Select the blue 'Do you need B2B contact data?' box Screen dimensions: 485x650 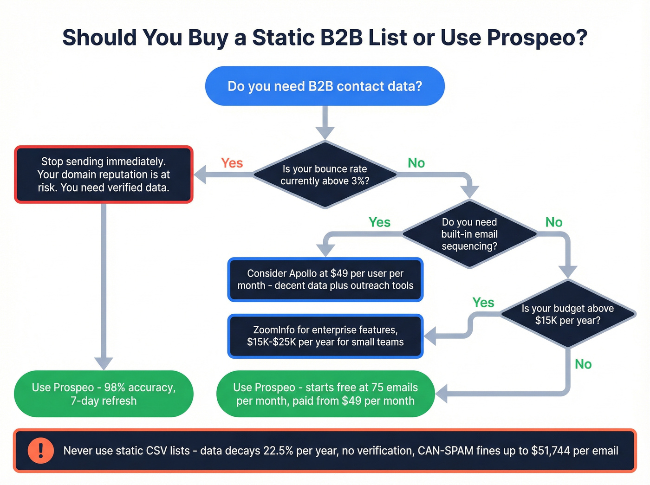(325, 86)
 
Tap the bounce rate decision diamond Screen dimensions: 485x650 (325, 175)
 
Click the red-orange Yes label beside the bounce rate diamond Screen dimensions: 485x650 (232, 163)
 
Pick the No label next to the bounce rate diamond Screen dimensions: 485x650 (416, 163)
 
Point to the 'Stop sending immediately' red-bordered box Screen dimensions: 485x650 (104, 175)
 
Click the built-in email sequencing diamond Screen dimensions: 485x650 (469, 234)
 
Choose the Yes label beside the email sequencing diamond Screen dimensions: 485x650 (379, 222)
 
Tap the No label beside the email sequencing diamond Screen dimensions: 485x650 (553, 222)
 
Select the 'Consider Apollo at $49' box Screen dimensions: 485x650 (325, 279)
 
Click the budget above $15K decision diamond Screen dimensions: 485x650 (567, 314)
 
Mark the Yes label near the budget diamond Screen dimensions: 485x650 (483, 303)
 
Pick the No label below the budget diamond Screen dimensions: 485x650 (583, 364)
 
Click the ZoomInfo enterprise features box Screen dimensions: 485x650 (325, 336)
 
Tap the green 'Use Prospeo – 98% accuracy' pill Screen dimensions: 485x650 (104, 394)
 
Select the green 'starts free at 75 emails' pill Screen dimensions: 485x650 (325, 394)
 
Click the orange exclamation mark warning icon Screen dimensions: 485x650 (40, 451)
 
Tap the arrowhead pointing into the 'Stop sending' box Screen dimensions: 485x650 (200, 175)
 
